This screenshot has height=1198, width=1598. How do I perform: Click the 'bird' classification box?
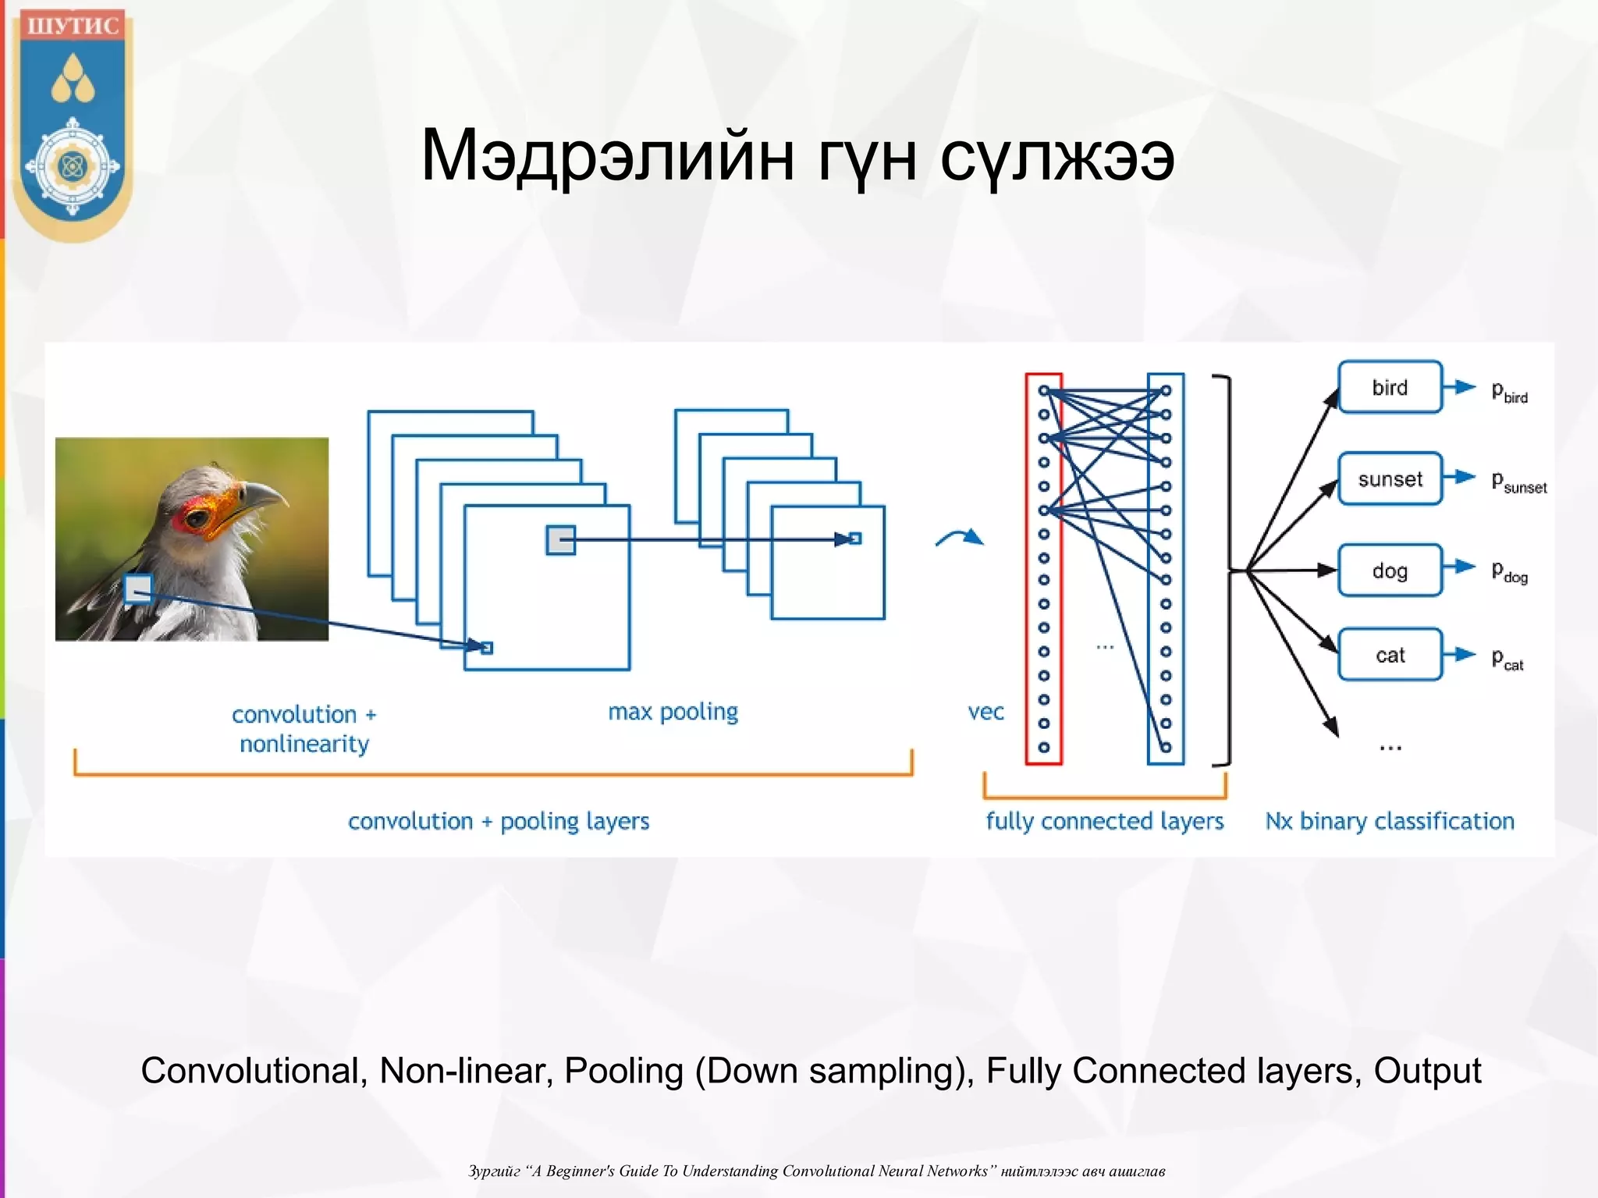1390,387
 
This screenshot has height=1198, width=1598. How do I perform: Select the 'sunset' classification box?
1390,478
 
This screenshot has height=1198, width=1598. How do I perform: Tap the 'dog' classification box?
1390,571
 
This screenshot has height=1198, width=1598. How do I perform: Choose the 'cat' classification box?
1390,655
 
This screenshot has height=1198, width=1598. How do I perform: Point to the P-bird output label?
1509,390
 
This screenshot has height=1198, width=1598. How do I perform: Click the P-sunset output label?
1518,482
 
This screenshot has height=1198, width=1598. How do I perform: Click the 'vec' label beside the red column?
985,712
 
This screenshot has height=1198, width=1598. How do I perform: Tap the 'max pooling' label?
673,712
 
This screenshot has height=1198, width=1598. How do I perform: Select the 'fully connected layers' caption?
1104,821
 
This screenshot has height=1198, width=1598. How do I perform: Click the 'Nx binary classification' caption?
1390,821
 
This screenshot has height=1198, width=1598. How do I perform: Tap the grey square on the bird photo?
138,588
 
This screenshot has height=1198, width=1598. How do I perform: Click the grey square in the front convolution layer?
560,539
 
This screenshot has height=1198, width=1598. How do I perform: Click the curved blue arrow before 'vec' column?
960,537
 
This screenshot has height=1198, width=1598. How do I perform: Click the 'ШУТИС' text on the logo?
73,26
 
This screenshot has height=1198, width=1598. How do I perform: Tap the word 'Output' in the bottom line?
1427,1071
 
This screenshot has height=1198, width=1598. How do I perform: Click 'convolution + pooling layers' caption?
499,821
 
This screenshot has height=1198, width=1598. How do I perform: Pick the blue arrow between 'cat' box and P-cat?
1459,655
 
